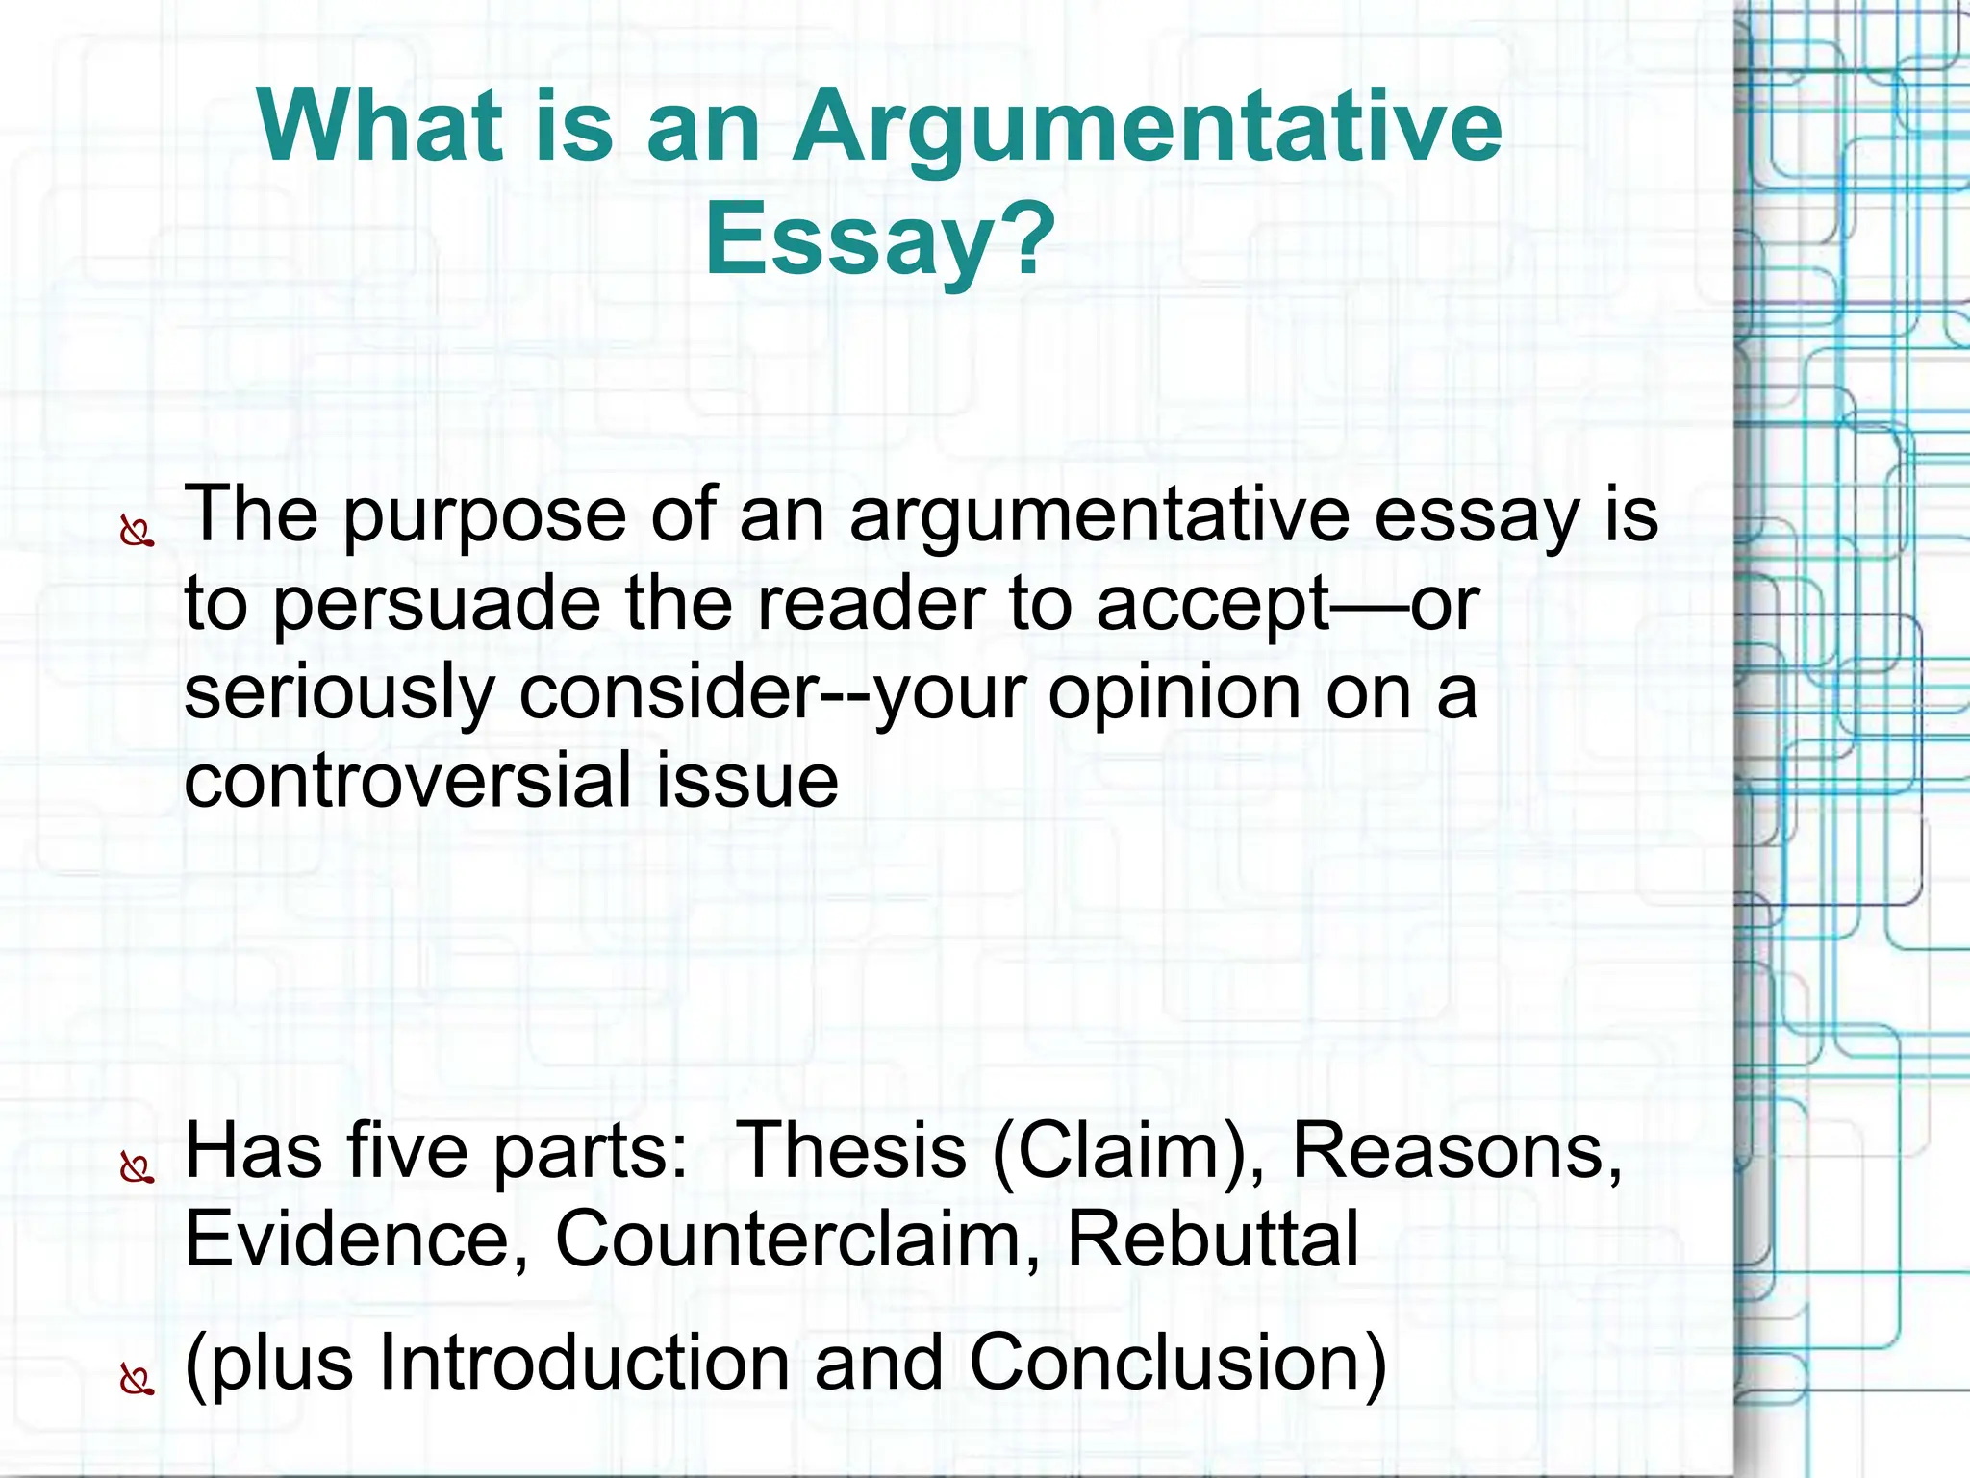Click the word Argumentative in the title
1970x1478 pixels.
pos(1146,127)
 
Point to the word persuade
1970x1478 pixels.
pos(437,605)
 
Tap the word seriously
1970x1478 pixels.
pos(338,693)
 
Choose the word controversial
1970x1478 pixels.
pos(404,780)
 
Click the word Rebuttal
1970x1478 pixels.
pos(1213,1239)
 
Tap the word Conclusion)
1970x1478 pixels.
pos(1176,1362)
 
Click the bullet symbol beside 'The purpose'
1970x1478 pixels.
pos(138,532)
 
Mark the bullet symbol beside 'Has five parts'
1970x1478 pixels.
pos(138,1167)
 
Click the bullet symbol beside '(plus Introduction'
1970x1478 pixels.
pos(138,1381)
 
